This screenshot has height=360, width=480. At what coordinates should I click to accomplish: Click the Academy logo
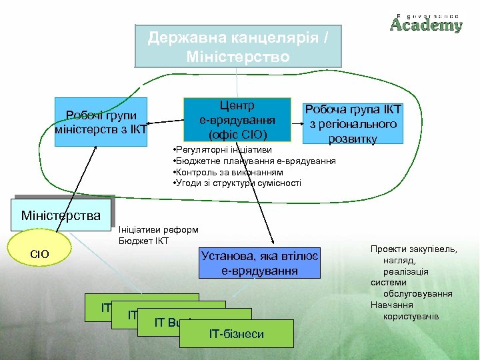click(x=426, y=23)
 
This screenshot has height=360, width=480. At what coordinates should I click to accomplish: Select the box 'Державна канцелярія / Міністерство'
click(x=239, y=46)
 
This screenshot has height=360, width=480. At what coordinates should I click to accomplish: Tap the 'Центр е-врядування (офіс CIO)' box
click(x=237, y=120)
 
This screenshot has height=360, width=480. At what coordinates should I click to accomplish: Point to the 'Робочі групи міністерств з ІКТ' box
click(x=101, y=122)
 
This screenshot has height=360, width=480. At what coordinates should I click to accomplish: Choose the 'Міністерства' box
click(x=61, y=215)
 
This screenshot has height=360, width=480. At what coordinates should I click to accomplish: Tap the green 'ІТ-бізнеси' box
click(x=236, y=333)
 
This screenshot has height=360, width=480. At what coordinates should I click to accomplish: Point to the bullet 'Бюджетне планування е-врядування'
click(x=253, y=161)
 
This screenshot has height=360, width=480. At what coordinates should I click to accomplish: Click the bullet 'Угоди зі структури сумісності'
click(x=236, y=183)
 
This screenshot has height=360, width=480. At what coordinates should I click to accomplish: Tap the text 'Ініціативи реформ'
click(x=157, y=230)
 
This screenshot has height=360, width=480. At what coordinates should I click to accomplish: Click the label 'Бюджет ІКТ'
click(x=143, y=241)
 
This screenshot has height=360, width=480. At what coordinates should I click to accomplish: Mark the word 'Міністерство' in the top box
click(x=239, y=57)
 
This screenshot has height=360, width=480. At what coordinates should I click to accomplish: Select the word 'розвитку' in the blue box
click(x=352, y=138)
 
